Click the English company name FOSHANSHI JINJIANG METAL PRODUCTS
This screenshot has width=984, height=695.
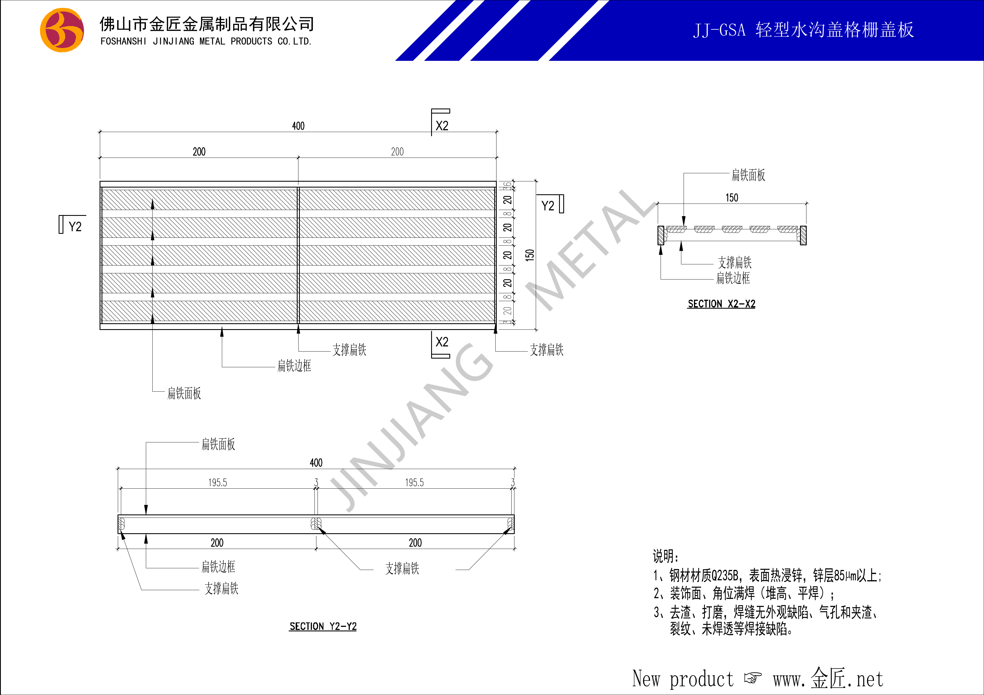[186, 41]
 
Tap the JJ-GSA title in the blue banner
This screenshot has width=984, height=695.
[719, 30]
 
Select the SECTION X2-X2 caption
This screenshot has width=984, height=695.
[721, 304]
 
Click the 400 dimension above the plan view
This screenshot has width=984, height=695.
[298, 126]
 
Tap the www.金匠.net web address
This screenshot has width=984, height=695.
[828, 679]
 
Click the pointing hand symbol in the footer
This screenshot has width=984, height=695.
[753, 678]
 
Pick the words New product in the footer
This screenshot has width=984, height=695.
[683, 679]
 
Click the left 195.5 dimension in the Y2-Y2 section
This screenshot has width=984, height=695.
[218, 482]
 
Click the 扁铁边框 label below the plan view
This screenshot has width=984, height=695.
[294, 366]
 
